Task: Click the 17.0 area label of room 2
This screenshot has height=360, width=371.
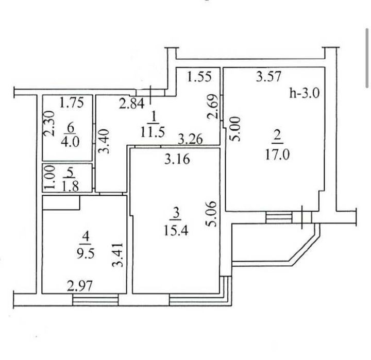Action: coord(277,156)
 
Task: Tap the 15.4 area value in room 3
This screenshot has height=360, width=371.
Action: coord(176,230)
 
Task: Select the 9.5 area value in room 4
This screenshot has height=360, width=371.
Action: coord(86,253)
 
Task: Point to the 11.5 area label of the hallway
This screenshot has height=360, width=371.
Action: coord(153,132)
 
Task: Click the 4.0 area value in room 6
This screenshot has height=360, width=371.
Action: coord(70,142)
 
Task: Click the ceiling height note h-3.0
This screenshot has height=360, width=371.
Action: coord(305,93)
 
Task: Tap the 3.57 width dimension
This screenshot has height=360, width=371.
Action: coord(269,76)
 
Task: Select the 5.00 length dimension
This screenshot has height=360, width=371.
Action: coord(236,129)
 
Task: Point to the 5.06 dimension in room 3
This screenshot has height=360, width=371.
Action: coord(212,214)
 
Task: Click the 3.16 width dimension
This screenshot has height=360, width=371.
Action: coord(177,159)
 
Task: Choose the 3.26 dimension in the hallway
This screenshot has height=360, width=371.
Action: coord(191,139)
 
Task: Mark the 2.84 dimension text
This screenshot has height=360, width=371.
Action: coord(131,104)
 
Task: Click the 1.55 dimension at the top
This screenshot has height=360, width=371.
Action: coord(199,77)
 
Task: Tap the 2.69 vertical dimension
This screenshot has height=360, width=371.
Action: coord(212,107)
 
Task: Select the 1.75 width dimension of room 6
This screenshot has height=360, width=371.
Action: coord(72,103)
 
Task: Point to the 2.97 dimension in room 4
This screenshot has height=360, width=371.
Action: coord(79,286)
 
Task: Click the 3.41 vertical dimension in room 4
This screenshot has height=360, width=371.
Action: coord(118,255)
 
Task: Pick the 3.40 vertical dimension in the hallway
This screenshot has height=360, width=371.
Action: coord(104,141)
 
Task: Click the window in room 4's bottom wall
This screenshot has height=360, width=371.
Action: coord(95,300)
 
